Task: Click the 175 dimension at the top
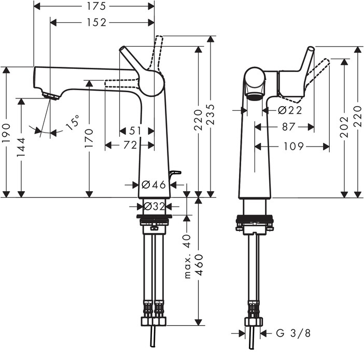point(94,6)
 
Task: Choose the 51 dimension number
point(136,131)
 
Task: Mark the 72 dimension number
point(130,146)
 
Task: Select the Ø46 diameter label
point(152,184)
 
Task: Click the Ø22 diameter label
point(290,110)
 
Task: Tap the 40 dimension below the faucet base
point(187,239)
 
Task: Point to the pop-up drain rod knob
point(175,172)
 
